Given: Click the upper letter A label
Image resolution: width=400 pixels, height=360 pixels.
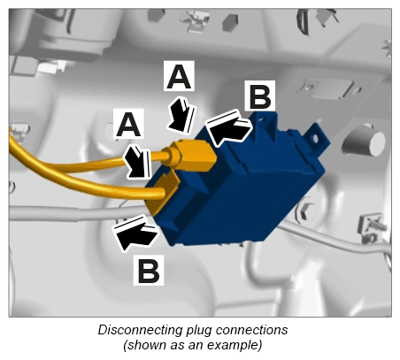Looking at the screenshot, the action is [179, 76].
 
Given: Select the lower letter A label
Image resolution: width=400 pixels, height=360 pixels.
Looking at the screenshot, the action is [128, 124].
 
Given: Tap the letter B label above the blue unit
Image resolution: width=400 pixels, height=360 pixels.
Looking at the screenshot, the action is [260, 96].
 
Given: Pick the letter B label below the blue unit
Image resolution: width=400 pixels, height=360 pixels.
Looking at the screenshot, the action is [149, 270].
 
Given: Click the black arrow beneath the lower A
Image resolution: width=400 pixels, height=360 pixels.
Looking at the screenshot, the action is [138, 162].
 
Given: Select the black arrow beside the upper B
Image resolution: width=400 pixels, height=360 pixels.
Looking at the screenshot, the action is [229, 127].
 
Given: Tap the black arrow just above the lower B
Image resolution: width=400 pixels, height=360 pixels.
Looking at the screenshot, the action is [135, 233].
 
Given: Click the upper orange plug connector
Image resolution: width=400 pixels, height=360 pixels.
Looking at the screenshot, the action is [191, 156].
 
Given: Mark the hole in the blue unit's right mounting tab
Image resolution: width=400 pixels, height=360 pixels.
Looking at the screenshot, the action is [316, 139].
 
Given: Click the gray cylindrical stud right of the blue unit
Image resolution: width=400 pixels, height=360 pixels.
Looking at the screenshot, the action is [365, 141].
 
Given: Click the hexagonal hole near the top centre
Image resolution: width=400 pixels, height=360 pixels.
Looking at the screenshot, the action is [230, 23].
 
